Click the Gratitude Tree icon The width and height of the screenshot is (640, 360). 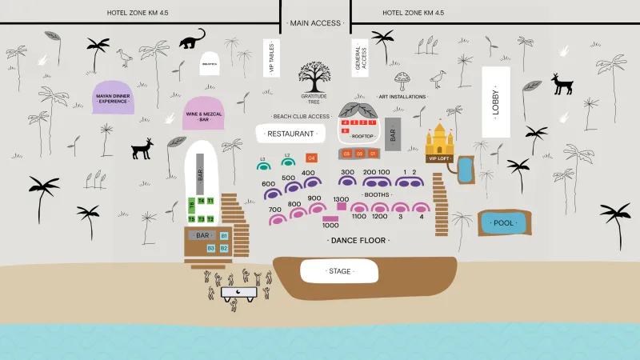tap(314, 77)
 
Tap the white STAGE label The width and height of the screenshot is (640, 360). tap(339, 271)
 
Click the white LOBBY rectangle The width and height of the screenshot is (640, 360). tap(496, 102)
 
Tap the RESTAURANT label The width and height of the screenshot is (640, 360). tap(290, 134)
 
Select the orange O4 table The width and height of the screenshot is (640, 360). tap(311, 158)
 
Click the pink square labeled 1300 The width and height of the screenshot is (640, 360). tap(342, 206)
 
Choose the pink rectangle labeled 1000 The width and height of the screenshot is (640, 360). tap(330, 218)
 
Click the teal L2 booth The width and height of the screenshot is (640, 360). tap(287, 164)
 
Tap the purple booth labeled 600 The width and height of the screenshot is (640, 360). tap(271, 193)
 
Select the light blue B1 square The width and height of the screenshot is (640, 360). tap(224, 236)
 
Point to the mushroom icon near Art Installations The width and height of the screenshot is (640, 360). tap(402, 79)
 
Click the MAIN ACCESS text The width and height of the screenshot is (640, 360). tap(315, 23)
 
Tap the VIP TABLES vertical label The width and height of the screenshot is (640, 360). tap(272, 58)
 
